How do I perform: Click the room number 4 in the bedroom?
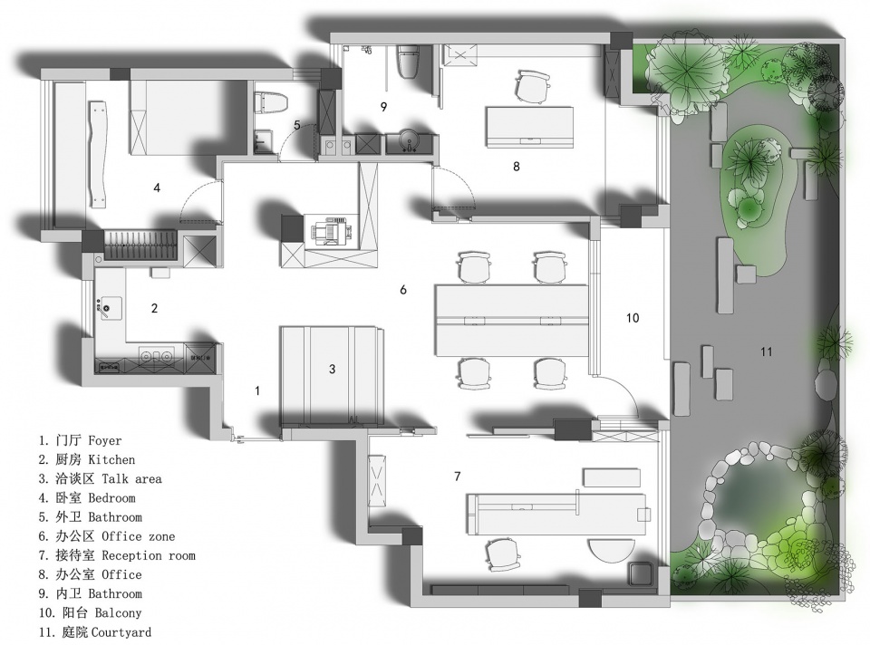[157, 188]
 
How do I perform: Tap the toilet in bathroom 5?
[271, 102]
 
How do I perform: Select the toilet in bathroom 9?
[410, 61]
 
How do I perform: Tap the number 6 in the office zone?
[403, 290]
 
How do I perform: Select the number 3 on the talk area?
[332, 369]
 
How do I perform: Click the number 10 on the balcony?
[633, 318]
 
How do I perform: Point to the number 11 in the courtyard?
[767, 351]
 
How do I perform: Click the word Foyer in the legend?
[105, 441]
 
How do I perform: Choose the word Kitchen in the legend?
[111, 460]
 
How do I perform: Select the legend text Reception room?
[149, 555]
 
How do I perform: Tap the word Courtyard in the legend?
[121, 632]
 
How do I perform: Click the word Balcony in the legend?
[118, 612]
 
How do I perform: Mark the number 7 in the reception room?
[457, 477]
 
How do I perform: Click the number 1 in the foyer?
[257, 391]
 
